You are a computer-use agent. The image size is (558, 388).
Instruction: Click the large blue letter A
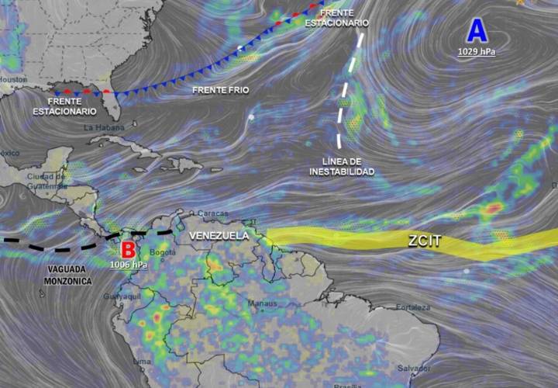[x=477, y=31]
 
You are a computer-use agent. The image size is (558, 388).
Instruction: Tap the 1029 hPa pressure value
[x=477, y=52]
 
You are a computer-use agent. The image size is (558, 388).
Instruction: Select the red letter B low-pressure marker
[x=129, y=251]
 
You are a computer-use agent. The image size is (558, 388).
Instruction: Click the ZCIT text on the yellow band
[x=424, y=241]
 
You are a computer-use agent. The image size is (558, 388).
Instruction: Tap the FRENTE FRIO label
[x=221, y=91]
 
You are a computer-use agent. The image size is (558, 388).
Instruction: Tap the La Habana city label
[x=99, y=126]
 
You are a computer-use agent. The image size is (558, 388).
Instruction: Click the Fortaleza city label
[x=412, y=307]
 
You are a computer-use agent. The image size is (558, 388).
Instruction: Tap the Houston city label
[x=13, y=80]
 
